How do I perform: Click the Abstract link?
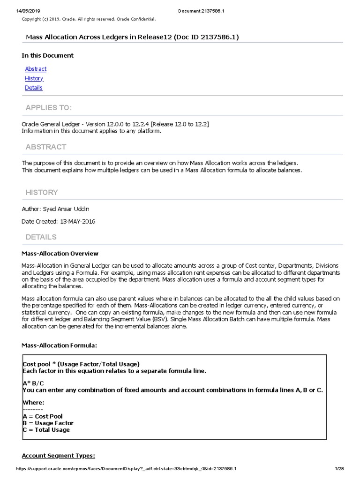[x=36, y=69]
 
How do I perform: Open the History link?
[x=34, y=78]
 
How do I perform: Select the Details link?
[x=33, y=88]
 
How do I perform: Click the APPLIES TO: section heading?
[x=49, y=108]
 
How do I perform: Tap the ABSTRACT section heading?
[x=46, y=147]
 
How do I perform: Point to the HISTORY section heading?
[x=42, y=192]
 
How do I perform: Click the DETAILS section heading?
[x=41, y=237]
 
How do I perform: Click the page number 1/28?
[x=339, y=469]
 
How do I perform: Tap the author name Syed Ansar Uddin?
[x=65, y=209]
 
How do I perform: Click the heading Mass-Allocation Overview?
[x=60, y=254]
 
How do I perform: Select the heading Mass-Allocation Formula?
[x=60, y=345]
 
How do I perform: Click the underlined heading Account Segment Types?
[x=59, y=456]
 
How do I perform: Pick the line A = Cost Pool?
[x=43, y=416]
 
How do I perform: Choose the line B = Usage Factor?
[x=48, y=423]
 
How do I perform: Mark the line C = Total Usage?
[x=46, y=430]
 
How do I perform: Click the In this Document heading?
[x=47, y=55]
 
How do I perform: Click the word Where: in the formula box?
[x=34, y=402]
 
